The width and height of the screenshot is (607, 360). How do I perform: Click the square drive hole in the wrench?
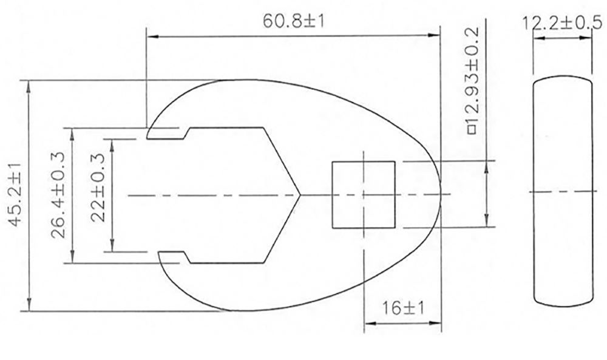(x=363, y=195)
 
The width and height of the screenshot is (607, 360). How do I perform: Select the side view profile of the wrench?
(x=562, y=195)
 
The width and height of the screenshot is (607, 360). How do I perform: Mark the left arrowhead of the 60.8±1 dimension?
(x=149, y=36)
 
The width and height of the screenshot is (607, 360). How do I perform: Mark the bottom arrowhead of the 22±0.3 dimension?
(x=113, y=248)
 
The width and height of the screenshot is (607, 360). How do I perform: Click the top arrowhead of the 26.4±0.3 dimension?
(x=73, y=131)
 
